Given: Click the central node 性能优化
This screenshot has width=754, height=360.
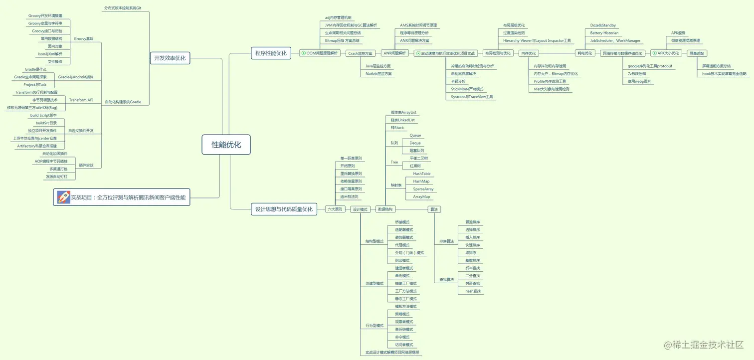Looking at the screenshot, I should [226, 145].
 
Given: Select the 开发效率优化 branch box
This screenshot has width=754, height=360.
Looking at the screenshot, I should [170, 58].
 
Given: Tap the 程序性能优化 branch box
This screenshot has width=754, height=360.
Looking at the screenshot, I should [271, 53].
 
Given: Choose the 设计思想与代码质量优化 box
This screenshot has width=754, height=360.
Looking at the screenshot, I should [284, 209].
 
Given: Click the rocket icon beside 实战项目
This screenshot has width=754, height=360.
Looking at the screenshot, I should [63, 197].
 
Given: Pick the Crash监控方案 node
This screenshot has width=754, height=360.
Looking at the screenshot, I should [361, 53].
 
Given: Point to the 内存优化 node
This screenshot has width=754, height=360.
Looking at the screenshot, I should [528, 53].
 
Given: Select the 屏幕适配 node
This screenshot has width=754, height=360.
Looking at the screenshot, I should [697, 53].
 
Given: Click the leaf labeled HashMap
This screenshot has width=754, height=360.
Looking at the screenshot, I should [421, 181].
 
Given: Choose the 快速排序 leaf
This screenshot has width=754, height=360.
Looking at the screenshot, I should [472, 245].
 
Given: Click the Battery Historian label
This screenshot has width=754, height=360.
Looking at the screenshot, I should [604, 33].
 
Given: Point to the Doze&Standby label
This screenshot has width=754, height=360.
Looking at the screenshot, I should [602, 25].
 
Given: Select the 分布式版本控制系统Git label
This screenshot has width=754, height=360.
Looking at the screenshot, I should [123, 8].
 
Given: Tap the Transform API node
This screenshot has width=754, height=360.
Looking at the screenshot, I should [81, 100].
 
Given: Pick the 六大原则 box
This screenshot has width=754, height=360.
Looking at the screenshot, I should [335, 209].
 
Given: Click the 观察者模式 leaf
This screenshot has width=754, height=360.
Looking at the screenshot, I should [403, 322].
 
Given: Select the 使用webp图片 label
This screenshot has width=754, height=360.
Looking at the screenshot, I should [639, 81].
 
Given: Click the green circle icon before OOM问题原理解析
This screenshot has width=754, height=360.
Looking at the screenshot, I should [303, 53].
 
